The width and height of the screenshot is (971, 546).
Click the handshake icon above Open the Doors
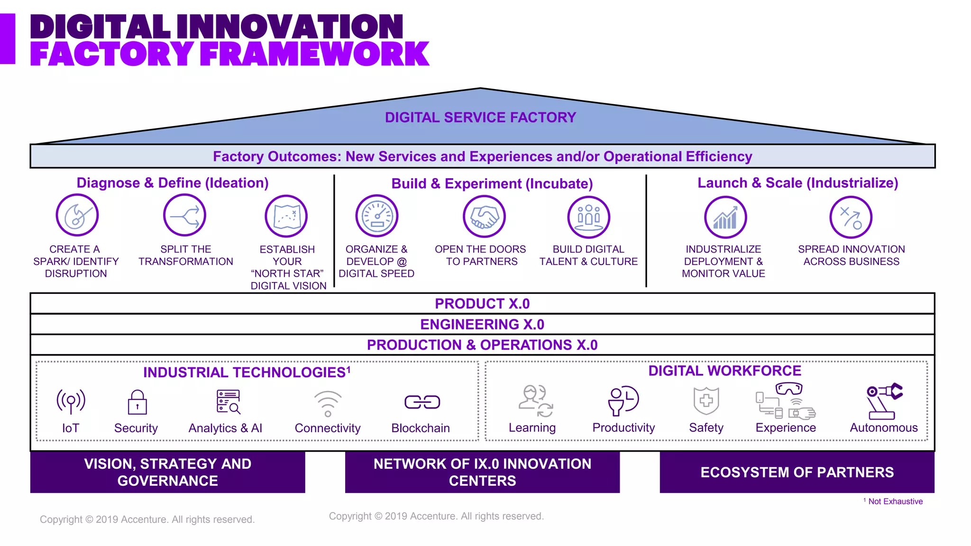(484, 217)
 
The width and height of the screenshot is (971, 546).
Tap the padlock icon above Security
(137, 402)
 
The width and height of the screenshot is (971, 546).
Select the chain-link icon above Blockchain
(422, 402)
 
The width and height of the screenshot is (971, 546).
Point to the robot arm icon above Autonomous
(884, 401)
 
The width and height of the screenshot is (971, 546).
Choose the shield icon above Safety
(706, 400)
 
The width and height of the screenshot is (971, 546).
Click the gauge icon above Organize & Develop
(377, 216)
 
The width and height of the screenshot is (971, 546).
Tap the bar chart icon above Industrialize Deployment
(725, 218)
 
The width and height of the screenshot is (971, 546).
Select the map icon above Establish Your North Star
(286, 216)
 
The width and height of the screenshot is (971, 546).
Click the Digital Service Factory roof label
(480, 118)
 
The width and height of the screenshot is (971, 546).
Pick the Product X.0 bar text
(482, 304)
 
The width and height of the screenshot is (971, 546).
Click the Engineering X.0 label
(482, 325)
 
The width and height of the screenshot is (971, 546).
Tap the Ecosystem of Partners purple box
(797, 472)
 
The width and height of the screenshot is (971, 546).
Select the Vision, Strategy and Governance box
(167, 472)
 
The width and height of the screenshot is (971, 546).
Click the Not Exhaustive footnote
(894, 501)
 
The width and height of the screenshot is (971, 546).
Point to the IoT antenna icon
(71, 401)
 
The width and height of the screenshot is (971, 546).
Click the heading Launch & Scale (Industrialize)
(797, 183)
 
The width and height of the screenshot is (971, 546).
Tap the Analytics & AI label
(225, 428)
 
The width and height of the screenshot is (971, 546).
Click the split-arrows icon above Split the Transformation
(184, 216)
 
